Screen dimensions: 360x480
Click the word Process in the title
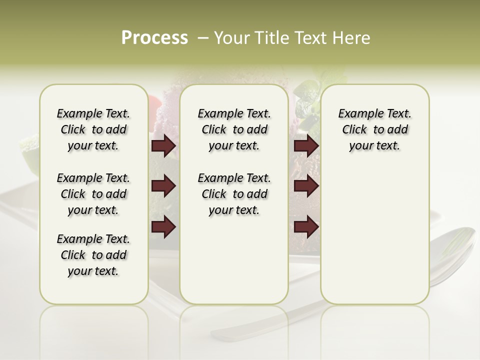154,38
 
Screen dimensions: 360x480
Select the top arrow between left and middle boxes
163,145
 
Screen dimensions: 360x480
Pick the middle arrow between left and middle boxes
163,186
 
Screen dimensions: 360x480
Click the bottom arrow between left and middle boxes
163,227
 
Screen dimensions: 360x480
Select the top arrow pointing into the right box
306,145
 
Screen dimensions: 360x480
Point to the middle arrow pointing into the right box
306,186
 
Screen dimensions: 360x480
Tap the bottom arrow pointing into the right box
306,227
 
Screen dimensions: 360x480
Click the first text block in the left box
93,129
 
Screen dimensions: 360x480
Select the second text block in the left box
93,194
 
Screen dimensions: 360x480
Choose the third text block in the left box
93,255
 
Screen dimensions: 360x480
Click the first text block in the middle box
234,129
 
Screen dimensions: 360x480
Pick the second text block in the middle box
234,194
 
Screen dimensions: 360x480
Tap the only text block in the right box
374,129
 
